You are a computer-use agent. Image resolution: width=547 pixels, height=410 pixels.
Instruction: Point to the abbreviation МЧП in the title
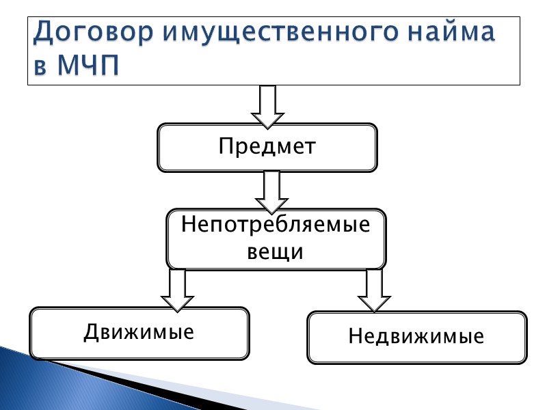click(x=92, y=67)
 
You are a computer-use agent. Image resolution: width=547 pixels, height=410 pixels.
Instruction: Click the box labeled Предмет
click(x=267, y=147)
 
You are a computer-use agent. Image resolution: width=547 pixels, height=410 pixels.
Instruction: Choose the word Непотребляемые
click(x=276, y=225)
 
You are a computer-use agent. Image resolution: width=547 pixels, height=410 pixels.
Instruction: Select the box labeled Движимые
click(x=139, y=333)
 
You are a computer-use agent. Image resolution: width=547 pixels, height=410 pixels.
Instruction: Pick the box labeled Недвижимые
click(x=416, y=338)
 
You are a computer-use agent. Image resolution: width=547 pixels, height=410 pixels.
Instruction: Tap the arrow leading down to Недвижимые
click(x=374, y=290)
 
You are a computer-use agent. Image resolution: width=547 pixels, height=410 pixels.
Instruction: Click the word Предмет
click(x=267, y=147)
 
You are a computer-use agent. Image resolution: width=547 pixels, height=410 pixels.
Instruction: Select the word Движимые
click(x=139, y=333)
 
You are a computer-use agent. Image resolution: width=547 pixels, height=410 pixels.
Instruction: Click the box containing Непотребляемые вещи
click(x=276, y=238)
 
